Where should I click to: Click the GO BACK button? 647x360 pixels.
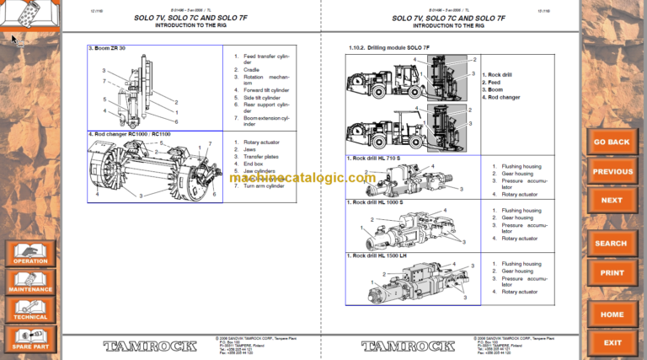(x=612, y=142)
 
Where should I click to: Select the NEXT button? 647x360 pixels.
(x=612, y=200)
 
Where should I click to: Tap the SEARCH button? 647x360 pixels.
(x=612, y=244)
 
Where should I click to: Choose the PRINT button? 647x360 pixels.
(x=612, y=272)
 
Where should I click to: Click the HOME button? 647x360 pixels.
(x=612, y=314)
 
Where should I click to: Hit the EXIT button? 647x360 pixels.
(x=612, y=342)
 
